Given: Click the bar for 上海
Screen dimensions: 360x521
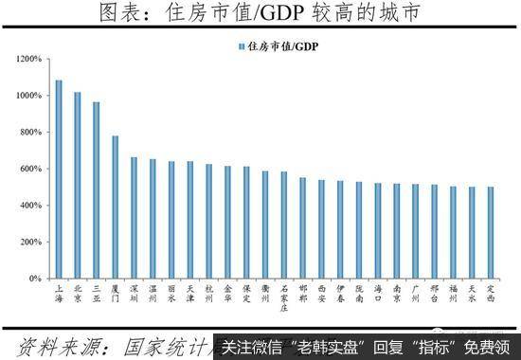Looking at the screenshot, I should (59, 179).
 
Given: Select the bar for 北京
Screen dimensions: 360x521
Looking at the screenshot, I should (78, 185).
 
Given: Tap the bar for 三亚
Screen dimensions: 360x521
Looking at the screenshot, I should (96, 189).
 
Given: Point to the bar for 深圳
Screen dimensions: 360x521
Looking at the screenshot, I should (134, 218).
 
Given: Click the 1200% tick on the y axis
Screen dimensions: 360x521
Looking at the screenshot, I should (27, 59).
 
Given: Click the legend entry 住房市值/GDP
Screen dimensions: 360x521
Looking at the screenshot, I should (279, 45).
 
